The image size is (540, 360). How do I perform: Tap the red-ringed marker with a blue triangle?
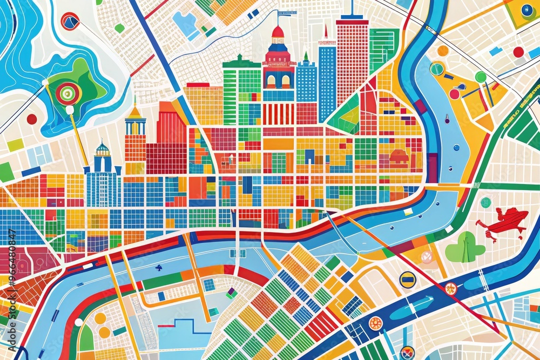point(70,21)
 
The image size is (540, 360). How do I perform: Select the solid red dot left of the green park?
point(32,119)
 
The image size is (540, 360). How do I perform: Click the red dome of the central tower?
point(278,32)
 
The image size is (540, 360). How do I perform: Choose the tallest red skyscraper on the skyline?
point(352,59)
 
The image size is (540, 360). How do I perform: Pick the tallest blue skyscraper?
point(327,81)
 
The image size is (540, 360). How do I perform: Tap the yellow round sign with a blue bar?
point(407,279)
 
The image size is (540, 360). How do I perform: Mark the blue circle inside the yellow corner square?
point(526,10)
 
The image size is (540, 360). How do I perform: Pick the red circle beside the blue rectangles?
point(518,52)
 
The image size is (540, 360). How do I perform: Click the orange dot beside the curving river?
point(443,51)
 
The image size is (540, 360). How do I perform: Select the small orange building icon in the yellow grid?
point(399,157)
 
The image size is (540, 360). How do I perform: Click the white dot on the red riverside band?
point(79,322)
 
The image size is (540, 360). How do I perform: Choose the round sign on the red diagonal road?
point(450,289)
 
